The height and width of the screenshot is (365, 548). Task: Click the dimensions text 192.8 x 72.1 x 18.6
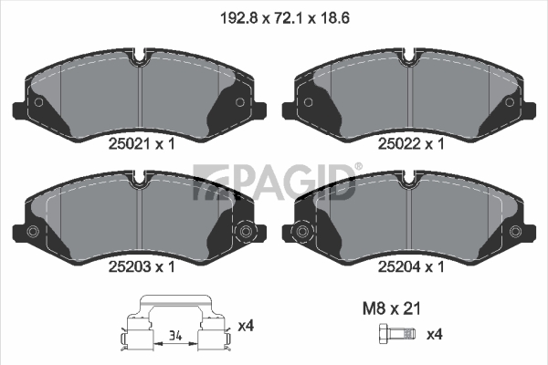point(284,18)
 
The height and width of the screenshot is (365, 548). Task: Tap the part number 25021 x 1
point(142,143)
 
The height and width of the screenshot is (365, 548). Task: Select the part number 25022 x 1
point(411,143)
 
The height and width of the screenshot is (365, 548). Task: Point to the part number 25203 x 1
point(142,266)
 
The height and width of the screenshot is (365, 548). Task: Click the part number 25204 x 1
point(411,266)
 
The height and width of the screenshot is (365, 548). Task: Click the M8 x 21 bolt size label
point(392,308)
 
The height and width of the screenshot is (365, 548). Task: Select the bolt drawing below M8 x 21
point(397,335)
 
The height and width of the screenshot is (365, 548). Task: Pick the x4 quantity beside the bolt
point(435,335)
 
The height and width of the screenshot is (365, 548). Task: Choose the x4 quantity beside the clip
point(246,327)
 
